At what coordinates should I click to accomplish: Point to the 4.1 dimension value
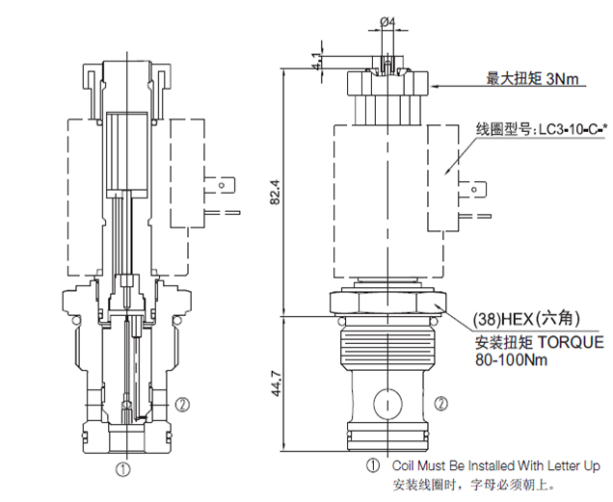point(317,61)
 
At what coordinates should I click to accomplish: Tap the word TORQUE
point(571,342)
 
